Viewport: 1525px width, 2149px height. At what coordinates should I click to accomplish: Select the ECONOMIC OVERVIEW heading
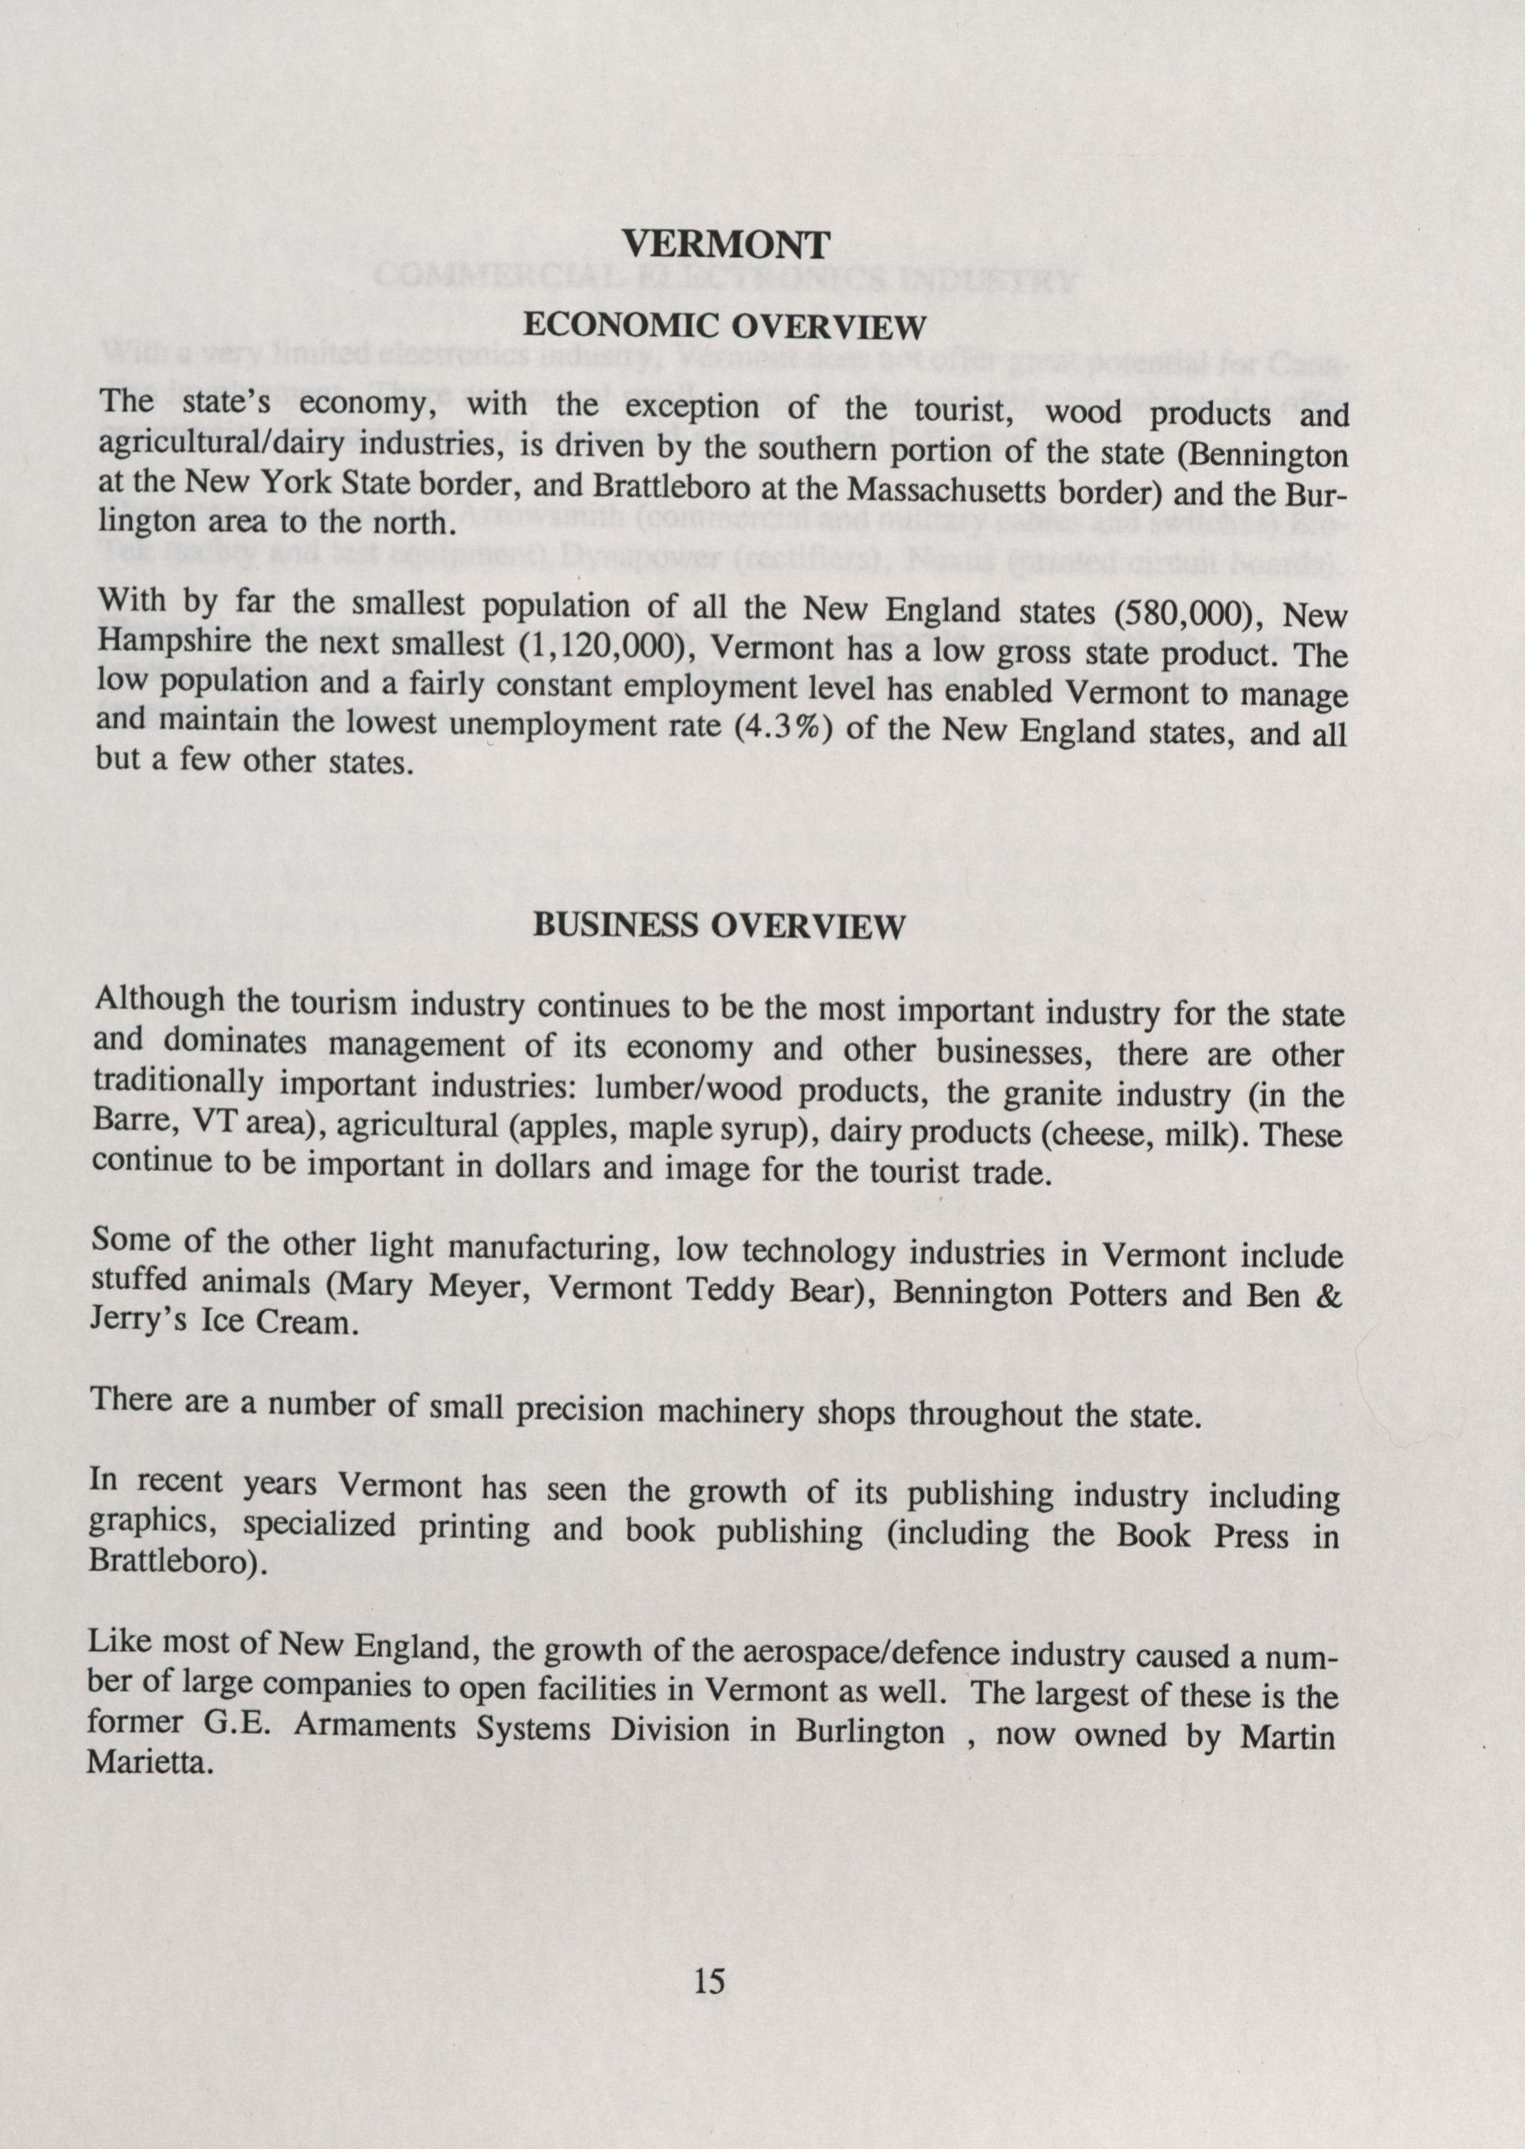[724, 326]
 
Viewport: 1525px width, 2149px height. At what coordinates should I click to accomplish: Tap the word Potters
[1114, 1294]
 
